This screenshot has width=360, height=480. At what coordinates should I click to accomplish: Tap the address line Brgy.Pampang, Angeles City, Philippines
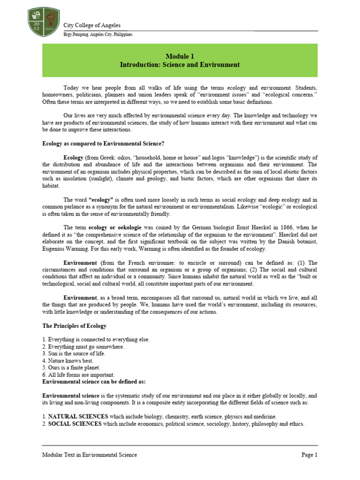point(97,35)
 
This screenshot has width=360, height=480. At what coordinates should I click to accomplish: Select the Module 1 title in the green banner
point(180,56)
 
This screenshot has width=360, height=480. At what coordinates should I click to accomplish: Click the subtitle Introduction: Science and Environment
point(180,65)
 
